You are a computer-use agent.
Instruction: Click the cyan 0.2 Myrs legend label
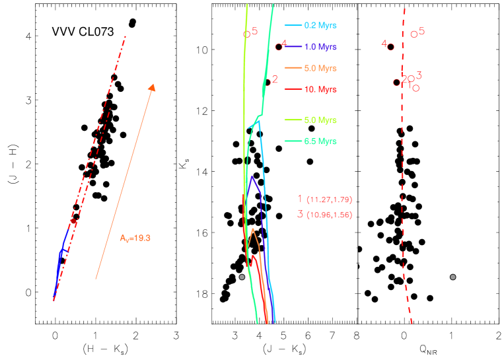pyautogui.click(x=320, y=26)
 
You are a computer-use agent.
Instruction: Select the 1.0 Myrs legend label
pyautogui.click(x=320, y=47)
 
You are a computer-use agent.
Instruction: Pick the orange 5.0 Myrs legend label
pyautogui.click(x=320, y=68)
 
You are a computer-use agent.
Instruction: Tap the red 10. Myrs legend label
pyautogui.click(x=320, y=89)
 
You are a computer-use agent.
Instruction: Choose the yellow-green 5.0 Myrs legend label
pyautogui.click(x=320, y=120)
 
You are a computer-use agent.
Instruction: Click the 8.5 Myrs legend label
pyautogui.click(x=320, y=141)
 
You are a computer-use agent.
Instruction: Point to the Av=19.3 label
pyautogui.click(x=135, y=238)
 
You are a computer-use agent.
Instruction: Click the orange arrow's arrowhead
pyautogui.click(x=153, y=87)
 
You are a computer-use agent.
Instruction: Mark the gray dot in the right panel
pyautogui.click(x=453, y=277)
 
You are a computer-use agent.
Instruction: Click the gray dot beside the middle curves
pyautogui.click(x=242, y=277)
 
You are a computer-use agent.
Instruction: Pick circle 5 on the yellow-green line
pyautogui.click(x=246, y=34)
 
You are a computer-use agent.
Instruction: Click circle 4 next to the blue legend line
pyautogui.click(x=278, y=47)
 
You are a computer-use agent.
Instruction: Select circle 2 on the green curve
pyautogui.click(x=267, y=83)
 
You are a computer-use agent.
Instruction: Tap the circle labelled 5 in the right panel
pyautogui.click(x=414, y=34)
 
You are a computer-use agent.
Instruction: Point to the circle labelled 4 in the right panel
pyautogui.click(x=391, y=47)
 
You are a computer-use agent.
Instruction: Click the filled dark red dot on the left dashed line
pyautogui.click(x=73, y=222)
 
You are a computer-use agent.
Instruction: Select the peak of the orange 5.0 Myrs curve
pyautogui.click(x=253, y=229)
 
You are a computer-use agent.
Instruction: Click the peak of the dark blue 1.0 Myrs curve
pyautogui.click(x=252, y=176)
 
